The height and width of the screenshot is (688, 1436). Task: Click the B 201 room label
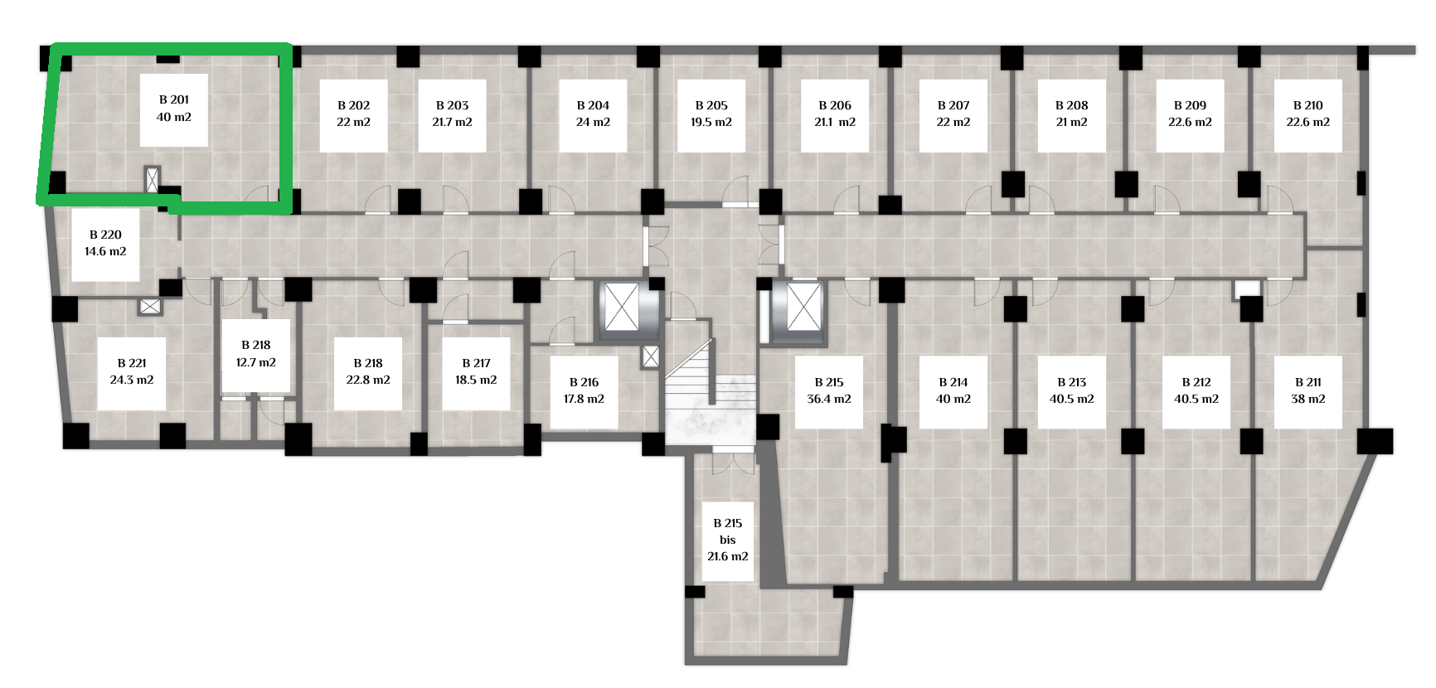(174, 109)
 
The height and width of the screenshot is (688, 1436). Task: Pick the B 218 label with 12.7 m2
(256, 355)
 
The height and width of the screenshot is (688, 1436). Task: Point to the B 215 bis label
(728, 540)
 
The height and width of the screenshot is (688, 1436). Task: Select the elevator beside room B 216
(623, 308)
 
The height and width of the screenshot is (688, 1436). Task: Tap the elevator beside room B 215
(800, 308)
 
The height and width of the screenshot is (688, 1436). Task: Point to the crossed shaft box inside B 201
(152, 180)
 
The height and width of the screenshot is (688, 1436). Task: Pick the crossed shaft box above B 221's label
(150, 307)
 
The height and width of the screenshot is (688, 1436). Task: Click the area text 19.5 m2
(711, 123)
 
